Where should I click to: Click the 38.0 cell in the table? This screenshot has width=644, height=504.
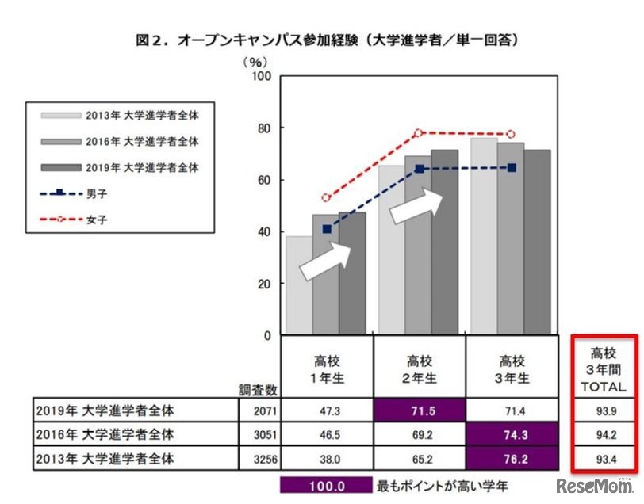[326, 458]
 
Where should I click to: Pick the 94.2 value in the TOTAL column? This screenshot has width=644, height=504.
[605, 435]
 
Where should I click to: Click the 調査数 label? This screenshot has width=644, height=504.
[259, 390]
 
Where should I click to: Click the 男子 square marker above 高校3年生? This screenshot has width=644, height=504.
[512, 168]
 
